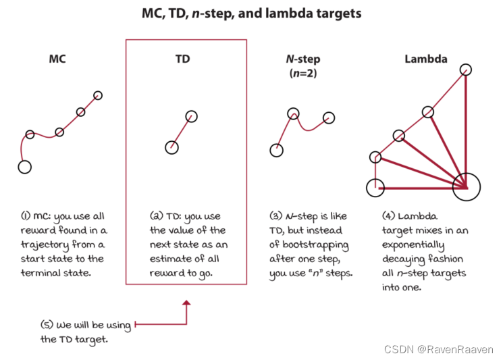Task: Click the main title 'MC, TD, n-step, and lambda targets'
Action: pos(252,13)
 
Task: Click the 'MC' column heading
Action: pos(57,59)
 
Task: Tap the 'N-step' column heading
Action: pos(302,59)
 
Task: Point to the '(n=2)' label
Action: pos(302,73)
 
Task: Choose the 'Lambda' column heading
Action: pos(425,59)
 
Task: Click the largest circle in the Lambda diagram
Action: pos(466,186)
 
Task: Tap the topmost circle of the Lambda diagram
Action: pos(466,69)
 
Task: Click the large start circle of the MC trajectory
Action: pos(25,166)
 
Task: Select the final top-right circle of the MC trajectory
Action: pos(98,95)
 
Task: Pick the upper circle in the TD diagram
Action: pos(191,116)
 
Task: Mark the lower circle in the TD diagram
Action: pos(171,147)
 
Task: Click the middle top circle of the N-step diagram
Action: pos(293,114)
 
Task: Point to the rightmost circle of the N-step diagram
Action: pos(329,118)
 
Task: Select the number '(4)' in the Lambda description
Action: pos(388,216)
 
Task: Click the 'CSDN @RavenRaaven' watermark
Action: pos(439,349)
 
